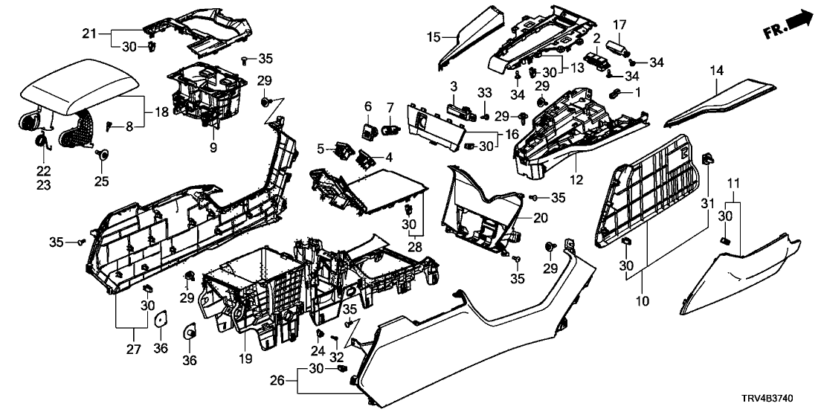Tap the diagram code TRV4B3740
(785, 400)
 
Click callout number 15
(434, 36)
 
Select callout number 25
(100, 179)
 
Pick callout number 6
(368, 107)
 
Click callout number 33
(485, 93)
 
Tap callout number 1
(636, 94)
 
